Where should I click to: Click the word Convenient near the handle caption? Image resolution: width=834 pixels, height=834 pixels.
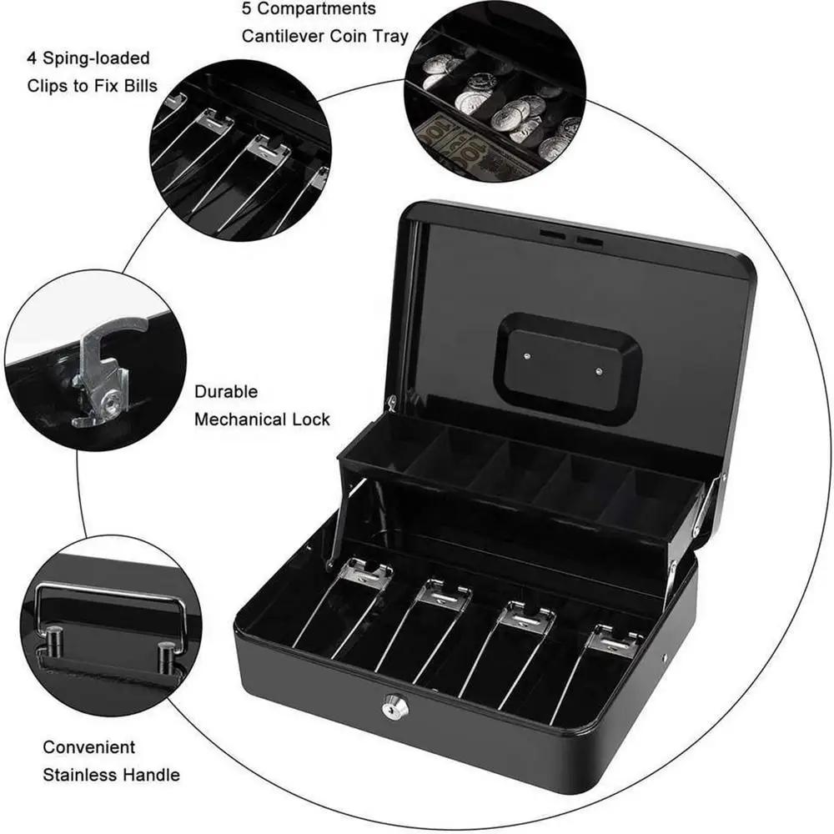89,747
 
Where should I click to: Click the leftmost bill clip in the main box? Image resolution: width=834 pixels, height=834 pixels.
365,575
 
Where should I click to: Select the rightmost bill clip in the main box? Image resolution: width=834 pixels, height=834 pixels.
613,641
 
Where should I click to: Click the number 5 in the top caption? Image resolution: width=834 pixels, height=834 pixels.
248,9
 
